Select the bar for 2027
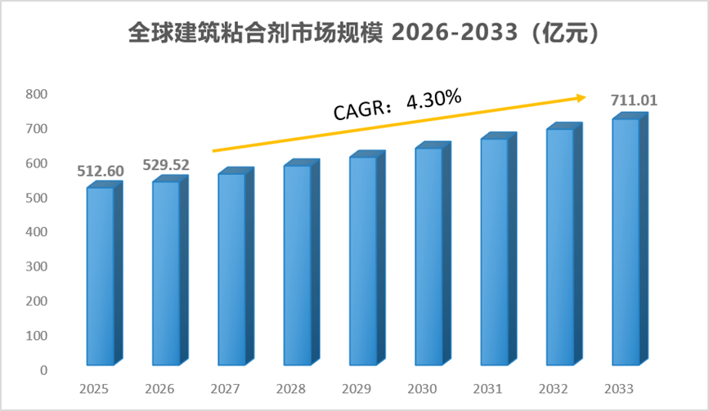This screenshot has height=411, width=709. click(x=236, y=266)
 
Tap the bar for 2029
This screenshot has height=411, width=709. click(x=367, y=258)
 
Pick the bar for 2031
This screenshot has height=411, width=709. click(x=498, y=249)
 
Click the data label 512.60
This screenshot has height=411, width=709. click(x=101, y=171)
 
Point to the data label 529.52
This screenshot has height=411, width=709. click(x=166, y=165)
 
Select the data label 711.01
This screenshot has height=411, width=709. click(x=634, y=101)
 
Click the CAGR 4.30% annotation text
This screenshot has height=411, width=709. click(x=397, y=105)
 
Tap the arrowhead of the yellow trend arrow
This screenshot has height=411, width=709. click(x=581, y=98)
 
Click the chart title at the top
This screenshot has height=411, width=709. click(x=364, y=33)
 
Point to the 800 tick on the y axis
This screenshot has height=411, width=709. click(x=37, y=94)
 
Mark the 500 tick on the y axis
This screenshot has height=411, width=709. click(x=37, y=198)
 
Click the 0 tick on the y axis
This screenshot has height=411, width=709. click(x=43, y=370)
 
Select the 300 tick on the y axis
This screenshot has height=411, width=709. click(x=37, y=266)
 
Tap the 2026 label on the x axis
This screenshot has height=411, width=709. click(x=159, y=389)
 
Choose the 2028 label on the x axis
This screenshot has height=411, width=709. click(x=291, y=389)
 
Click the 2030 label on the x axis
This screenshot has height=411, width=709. click(x=422, y=389)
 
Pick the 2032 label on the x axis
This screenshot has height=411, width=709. click(x=553, y=389)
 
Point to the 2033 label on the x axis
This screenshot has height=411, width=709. click(x=619, y=389)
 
